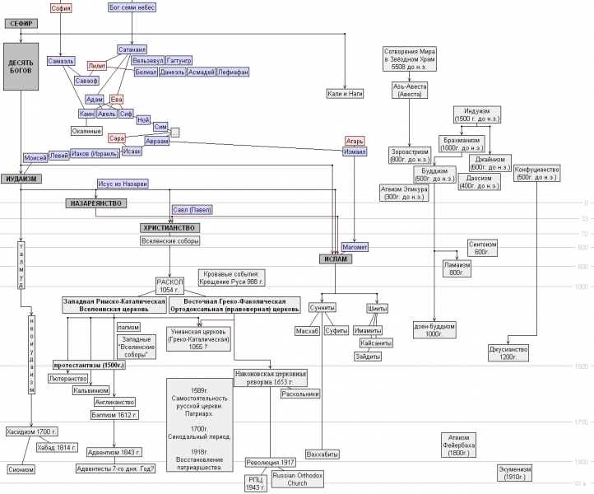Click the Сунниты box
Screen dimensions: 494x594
[323, 308]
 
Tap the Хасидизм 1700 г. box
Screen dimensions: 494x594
[31, 431]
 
